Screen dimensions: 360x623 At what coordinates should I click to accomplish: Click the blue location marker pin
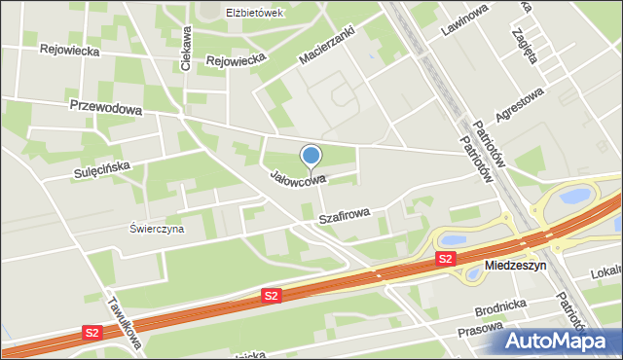(x=311, y=156)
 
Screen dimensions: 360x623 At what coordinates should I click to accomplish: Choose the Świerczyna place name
(x=157, y=230)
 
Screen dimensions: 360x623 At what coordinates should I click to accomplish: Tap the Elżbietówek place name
(x=253, y=13)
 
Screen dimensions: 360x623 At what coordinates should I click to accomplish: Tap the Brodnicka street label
(x=501, y=308)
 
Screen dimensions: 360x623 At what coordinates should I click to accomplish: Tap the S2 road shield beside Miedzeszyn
(x=445, y=258)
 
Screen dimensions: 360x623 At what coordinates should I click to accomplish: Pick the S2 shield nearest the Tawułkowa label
(x=92, y=333)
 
